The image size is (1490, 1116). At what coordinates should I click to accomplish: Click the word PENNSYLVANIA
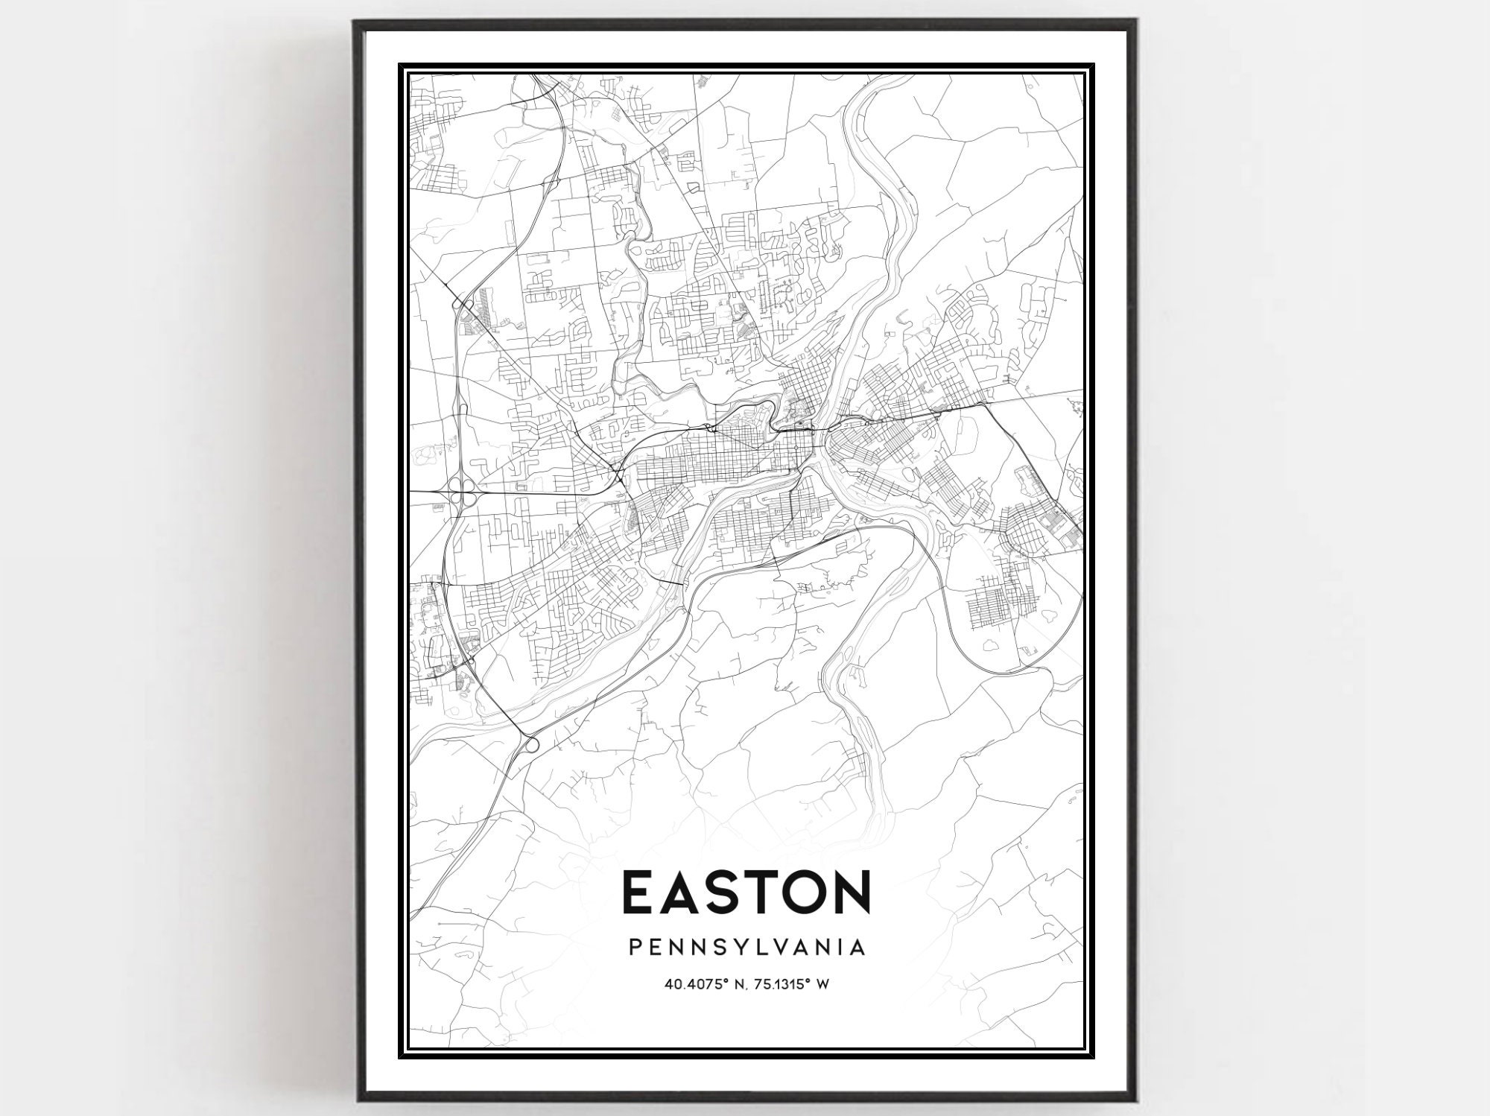[747, 948]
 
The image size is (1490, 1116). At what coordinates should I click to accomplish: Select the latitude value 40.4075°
[695, 985]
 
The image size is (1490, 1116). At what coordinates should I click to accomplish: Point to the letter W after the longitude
[824, 985]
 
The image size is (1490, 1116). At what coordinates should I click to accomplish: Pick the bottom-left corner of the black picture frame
[356, 1100]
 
